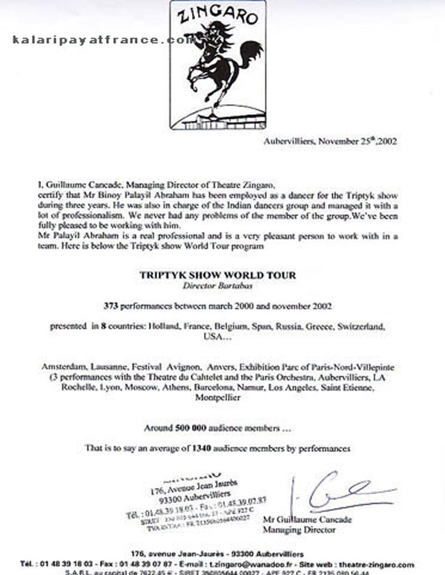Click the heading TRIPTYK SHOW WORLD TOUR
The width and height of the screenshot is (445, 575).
(x=217, y=275)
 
